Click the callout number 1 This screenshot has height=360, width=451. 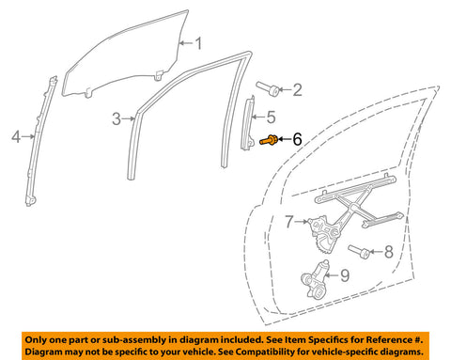198,43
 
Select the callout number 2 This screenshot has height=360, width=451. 297,89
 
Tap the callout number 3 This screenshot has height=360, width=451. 117,119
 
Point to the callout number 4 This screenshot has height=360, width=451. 16,137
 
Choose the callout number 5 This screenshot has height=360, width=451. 272,117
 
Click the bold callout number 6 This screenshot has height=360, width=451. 297,139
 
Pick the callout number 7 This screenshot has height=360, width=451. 289,222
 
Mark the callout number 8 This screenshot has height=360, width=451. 389,252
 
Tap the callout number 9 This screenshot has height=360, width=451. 345,275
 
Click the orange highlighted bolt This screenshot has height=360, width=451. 269,140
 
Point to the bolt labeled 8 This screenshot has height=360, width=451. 360,252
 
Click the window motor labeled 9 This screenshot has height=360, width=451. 315,280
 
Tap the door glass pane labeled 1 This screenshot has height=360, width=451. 125,55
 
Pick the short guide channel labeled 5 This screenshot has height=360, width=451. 247,123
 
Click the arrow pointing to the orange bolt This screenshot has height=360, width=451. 285,139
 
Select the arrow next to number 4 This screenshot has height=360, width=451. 28,136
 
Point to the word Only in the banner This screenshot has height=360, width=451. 37,340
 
